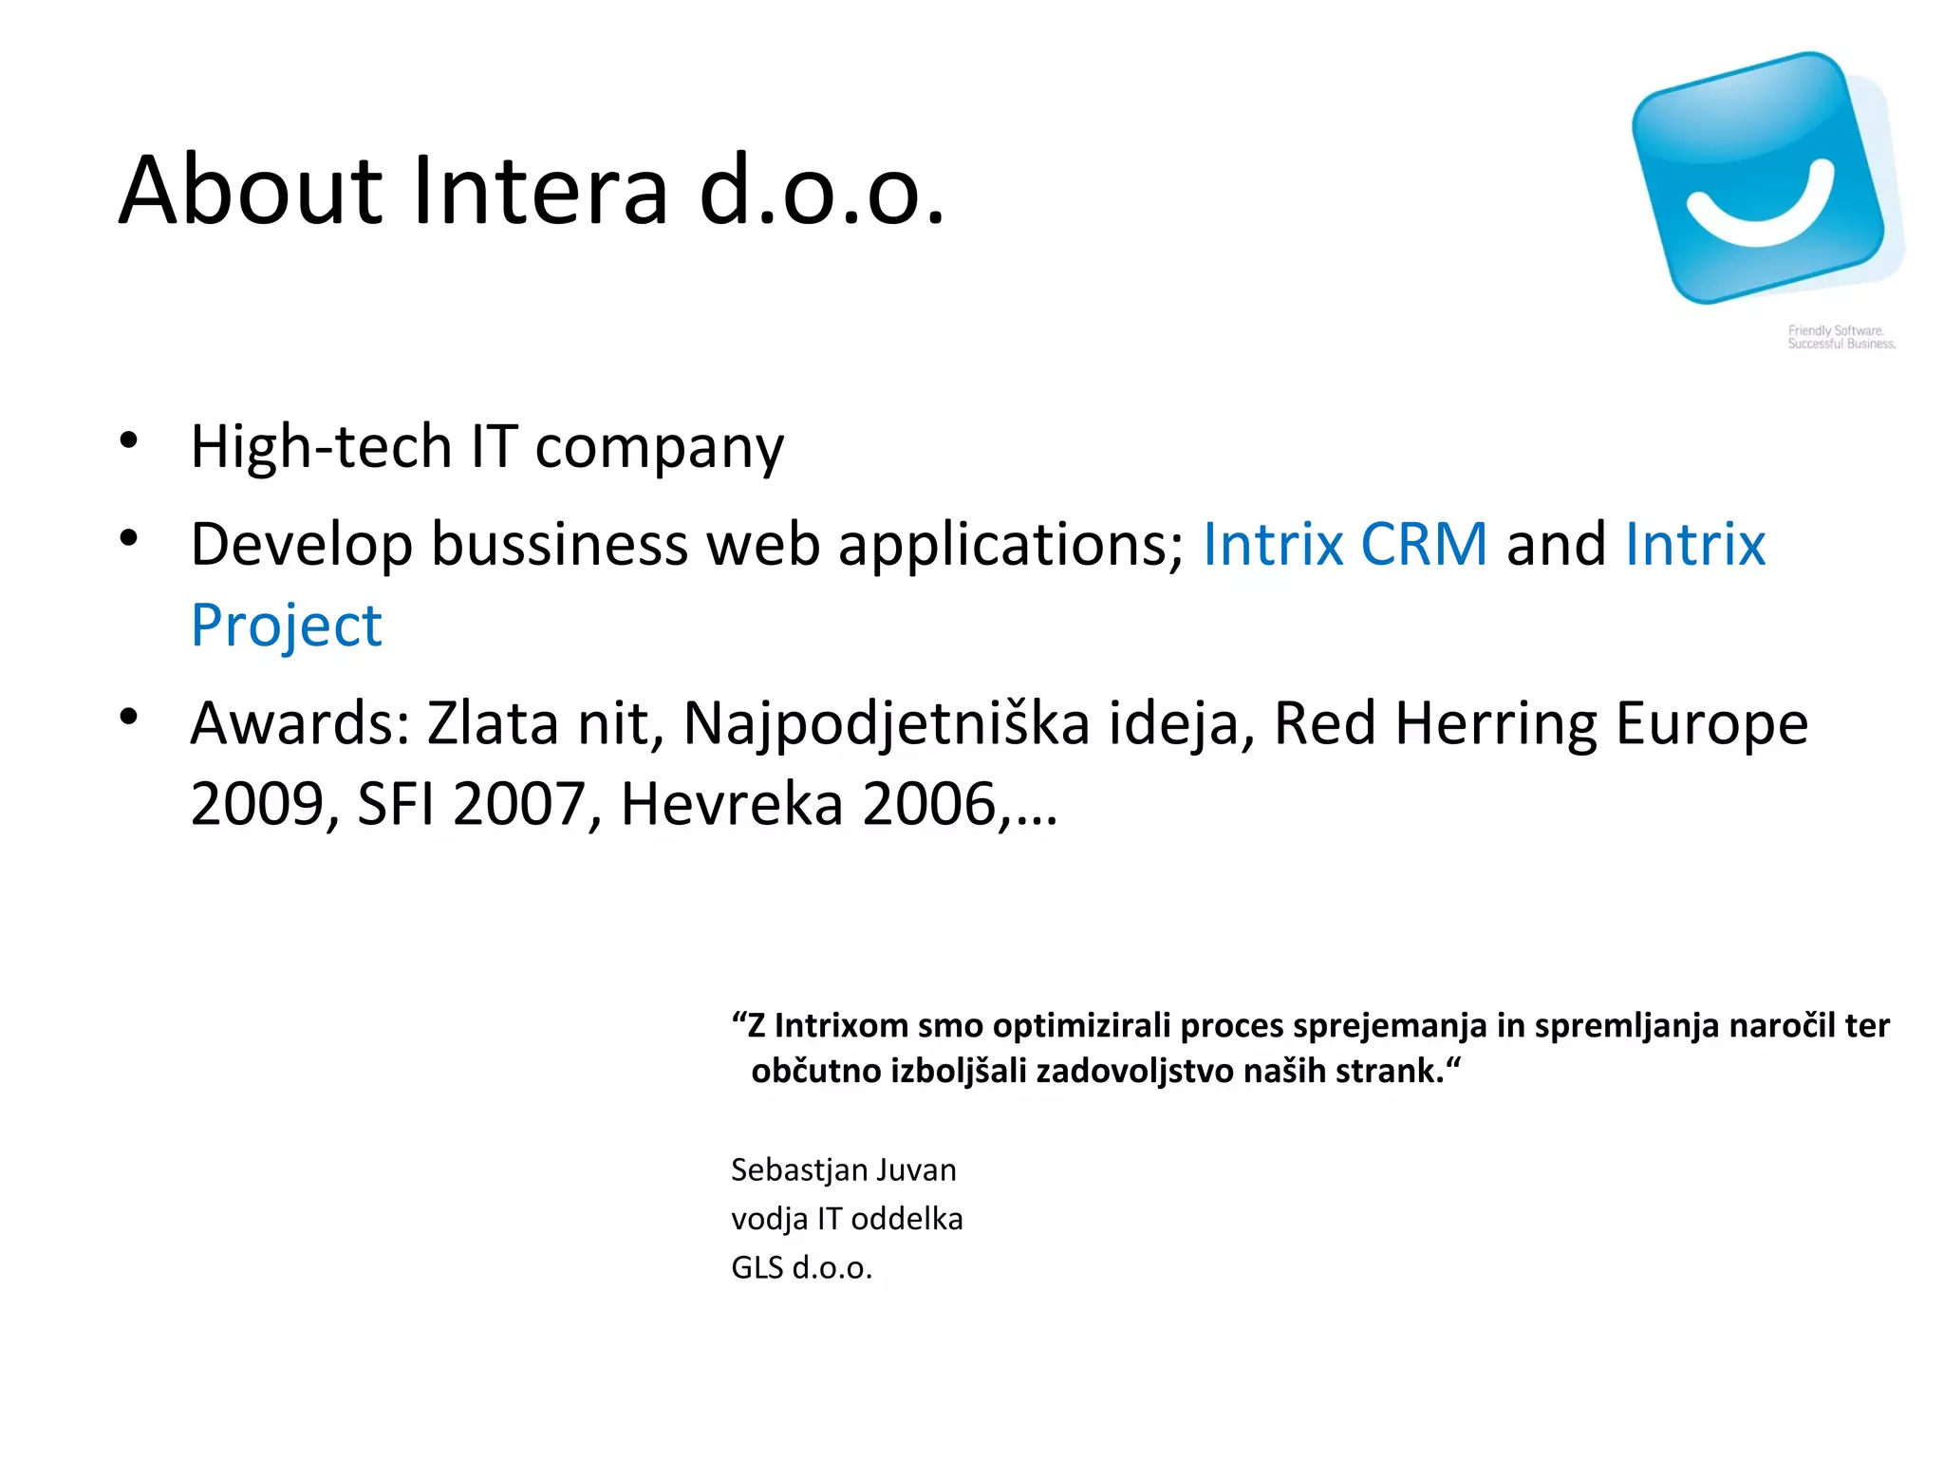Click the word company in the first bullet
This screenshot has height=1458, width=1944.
click(x=659, y=448)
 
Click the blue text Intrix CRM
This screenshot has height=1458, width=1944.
click(x=1344, y=545)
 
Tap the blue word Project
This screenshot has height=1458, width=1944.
click(x=287, y=626)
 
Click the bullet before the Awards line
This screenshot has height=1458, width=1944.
click(x=129, y=716)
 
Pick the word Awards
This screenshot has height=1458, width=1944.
click(x=300, y=723)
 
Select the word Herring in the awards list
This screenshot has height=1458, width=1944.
click(x=1496, y=723)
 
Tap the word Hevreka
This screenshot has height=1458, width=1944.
click(x=731, y=805)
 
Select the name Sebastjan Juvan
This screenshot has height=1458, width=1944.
click(x=843, y=1170)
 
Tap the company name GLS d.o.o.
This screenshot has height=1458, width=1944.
click(x=801, y=1268)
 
